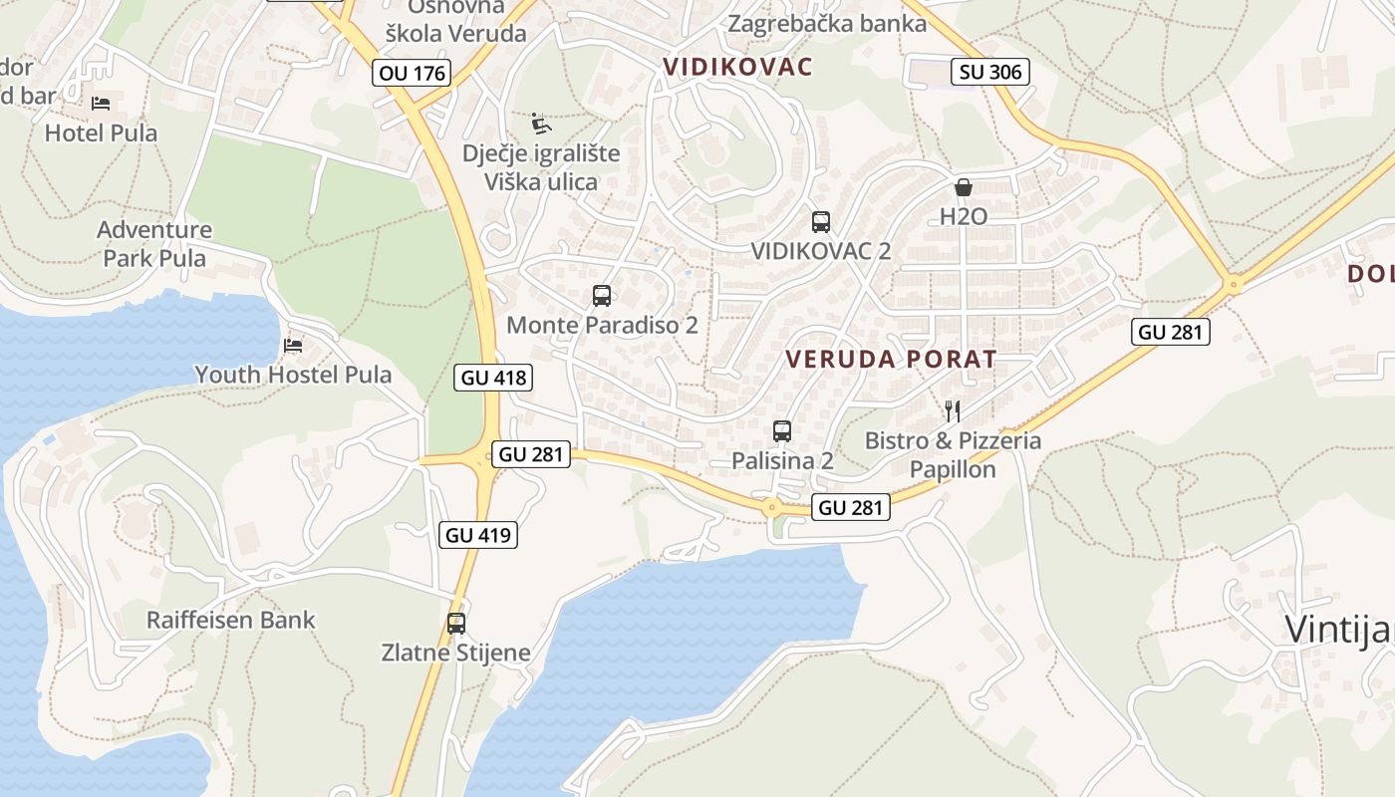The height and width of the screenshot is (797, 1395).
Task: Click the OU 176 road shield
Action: (413, 73)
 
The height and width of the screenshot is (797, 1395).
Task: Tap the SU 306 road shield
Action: (989, 72)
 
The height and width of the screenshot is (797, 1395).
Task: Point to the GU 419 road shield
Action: (478, 535)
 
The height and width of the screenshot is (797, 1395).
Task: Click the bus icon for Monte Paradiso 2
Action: (602, 296)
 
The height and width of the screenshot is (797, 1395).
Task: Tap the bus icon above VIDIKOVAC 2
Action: (821, 222)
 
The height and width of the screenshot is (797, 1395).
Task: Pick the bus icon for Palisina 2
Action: (782, 431)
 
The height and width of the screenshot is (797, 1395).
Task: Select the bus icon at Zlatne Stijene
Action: (456, 624)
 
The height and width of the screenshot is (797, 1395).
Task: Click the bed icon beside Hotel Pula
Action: (101, 103)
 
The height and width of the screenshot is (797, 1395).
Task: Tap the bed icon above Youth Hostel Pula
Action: (293, 346)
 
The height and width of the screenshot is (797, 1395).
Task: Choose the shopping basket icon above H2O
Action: (964, 186)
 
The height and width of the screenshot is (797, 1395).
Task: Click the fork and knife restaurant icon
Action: (953, 410)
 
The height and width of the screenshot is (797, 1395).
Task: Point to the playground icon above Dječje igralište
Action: (540, 124)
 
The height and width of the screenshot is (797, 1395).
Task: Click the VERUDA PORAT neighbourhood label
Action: (891, 360)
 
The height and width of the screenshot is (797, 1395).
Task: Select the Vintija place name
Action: (1337, 630)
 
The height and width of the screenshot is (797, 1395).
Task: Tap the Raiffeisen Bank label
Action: (230, 620)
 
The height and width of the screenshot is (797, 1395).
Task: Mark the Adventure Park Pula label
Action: (154, 244)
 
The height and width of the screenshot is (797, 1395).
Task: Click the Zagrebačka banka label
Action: (827, 23)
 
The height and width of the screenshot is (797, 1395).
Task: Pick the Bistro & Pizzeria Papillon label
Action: (953, 454)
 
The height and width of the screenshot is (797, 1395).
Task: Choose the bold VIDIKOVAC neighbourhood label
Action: (737, 67)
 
